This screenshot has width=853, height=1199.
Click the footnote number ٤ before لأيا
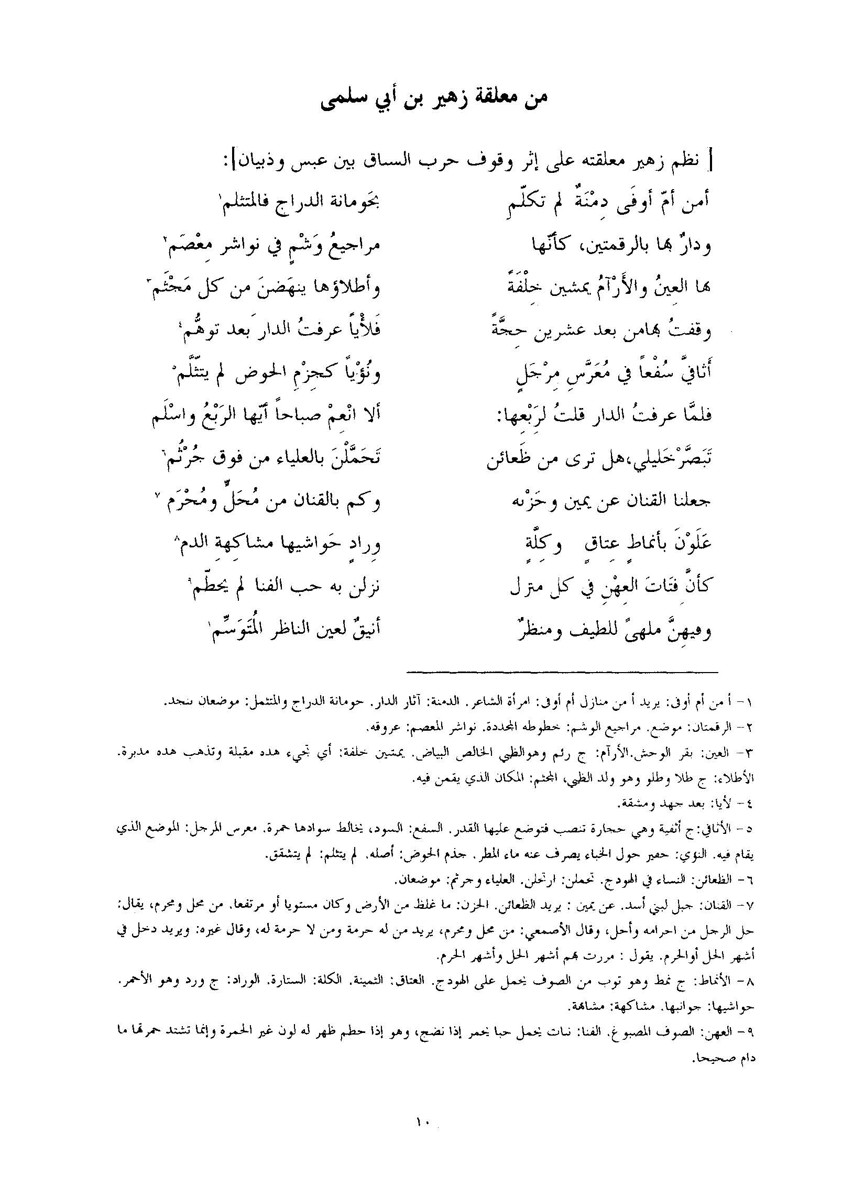pyautogui.click(x=750, y=803)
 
